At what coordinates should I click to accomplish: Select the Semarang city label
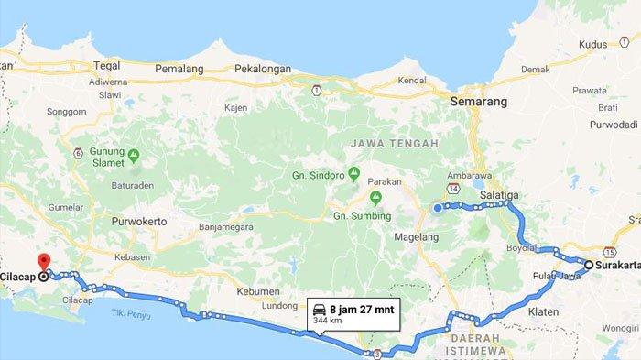pos(479,103)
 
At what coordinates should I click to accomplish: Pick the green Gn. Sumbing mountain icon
pos(374,199)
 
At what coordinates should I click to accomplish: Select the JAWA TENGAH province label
pos(387,143)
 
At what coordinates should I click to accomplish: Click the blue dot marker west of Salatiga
pos(437,208)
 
